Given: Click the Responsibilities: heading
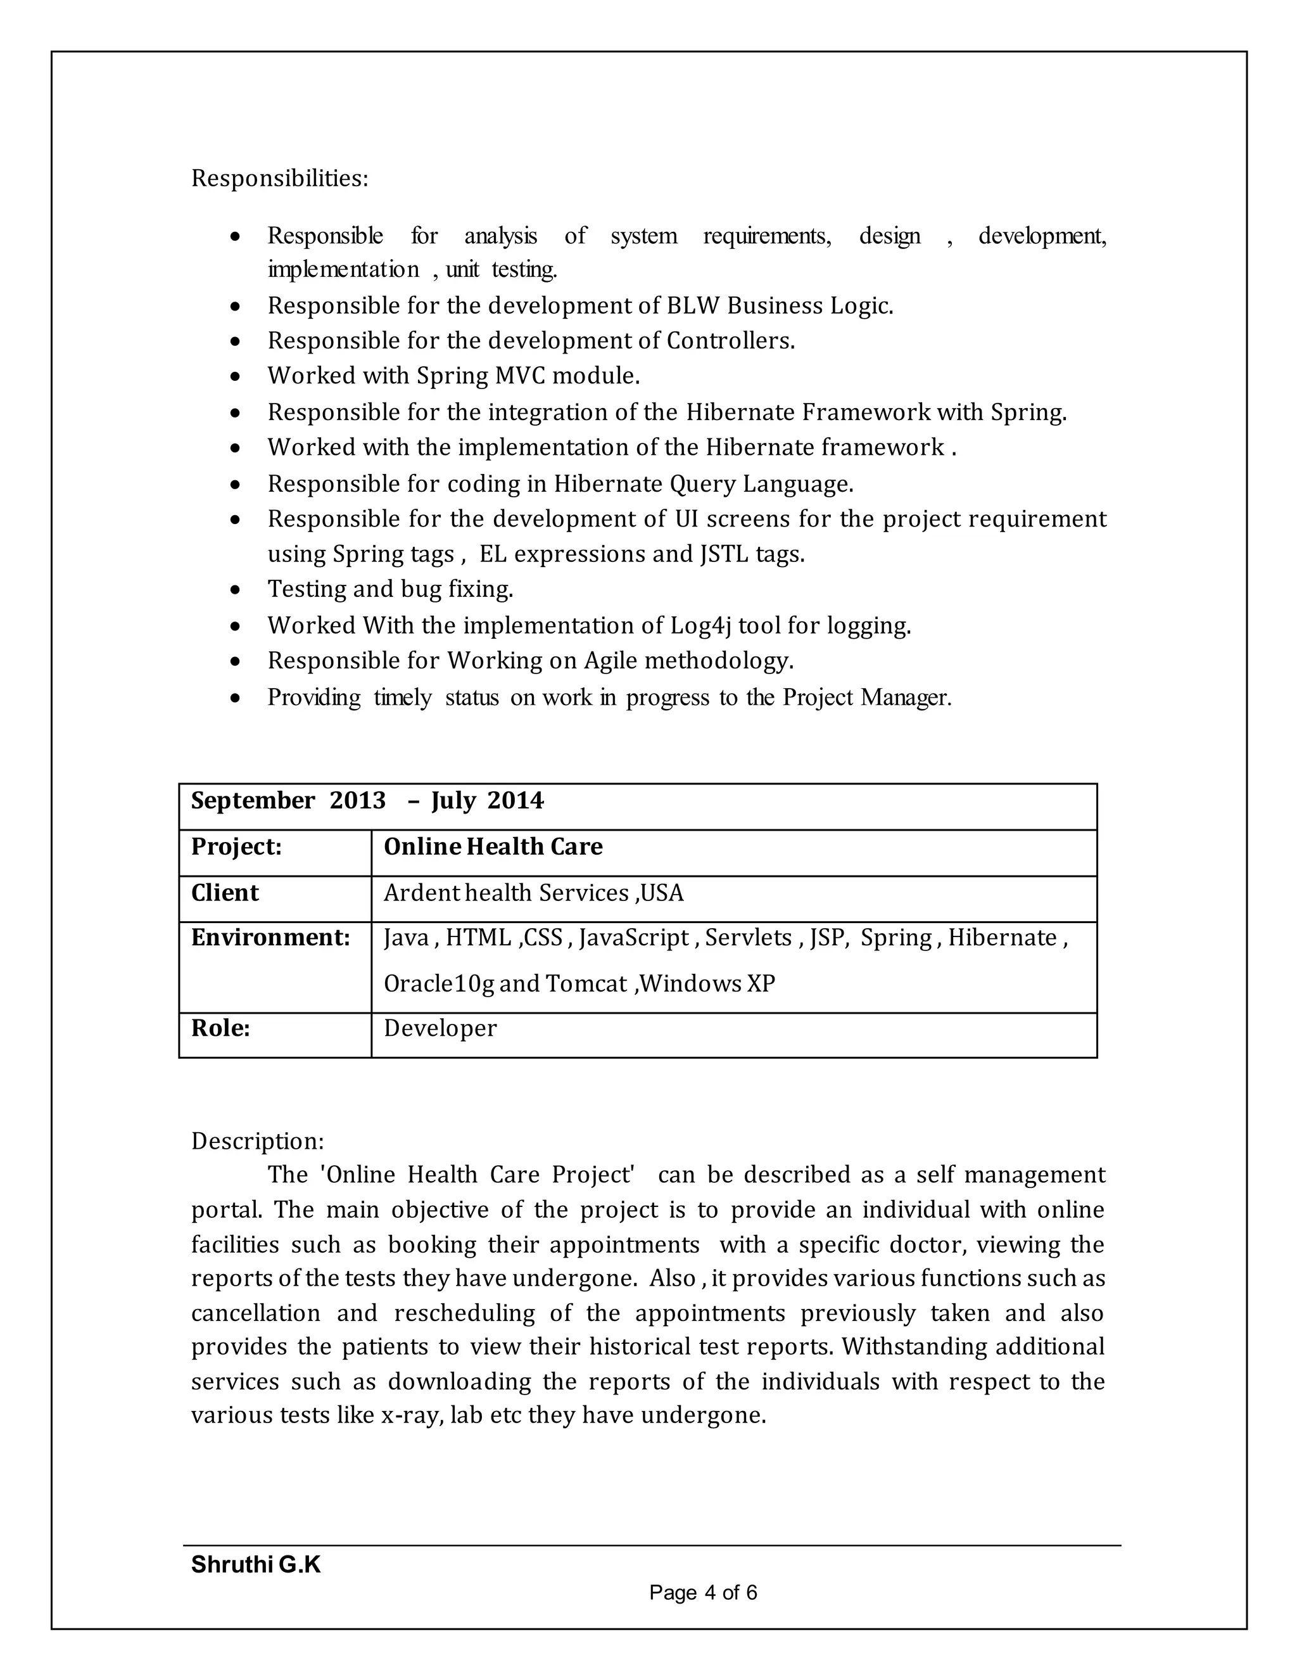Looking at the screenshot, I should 280,179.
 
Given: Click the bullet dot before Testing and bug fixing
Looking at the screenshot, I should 235,591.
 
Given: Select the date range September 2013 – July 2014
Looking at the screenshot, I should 367,801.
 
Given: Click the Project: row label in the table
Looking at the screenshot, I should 237,846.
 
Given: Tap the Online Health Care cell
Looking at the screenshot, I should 493,846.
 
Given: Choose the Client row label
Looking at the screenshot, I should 225,893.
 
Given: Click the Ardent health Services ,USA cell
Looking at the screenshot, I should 533,893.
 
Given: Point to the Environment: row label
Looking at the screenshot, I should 270,938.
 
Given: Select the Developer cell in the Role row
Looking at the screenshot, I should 440,1028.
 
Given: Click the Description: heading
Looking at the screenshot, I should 257,1141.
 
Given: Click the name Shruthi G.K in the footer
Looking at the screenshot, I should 256,1564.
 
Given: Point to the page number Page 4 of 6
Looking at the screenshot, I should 703,1592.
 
